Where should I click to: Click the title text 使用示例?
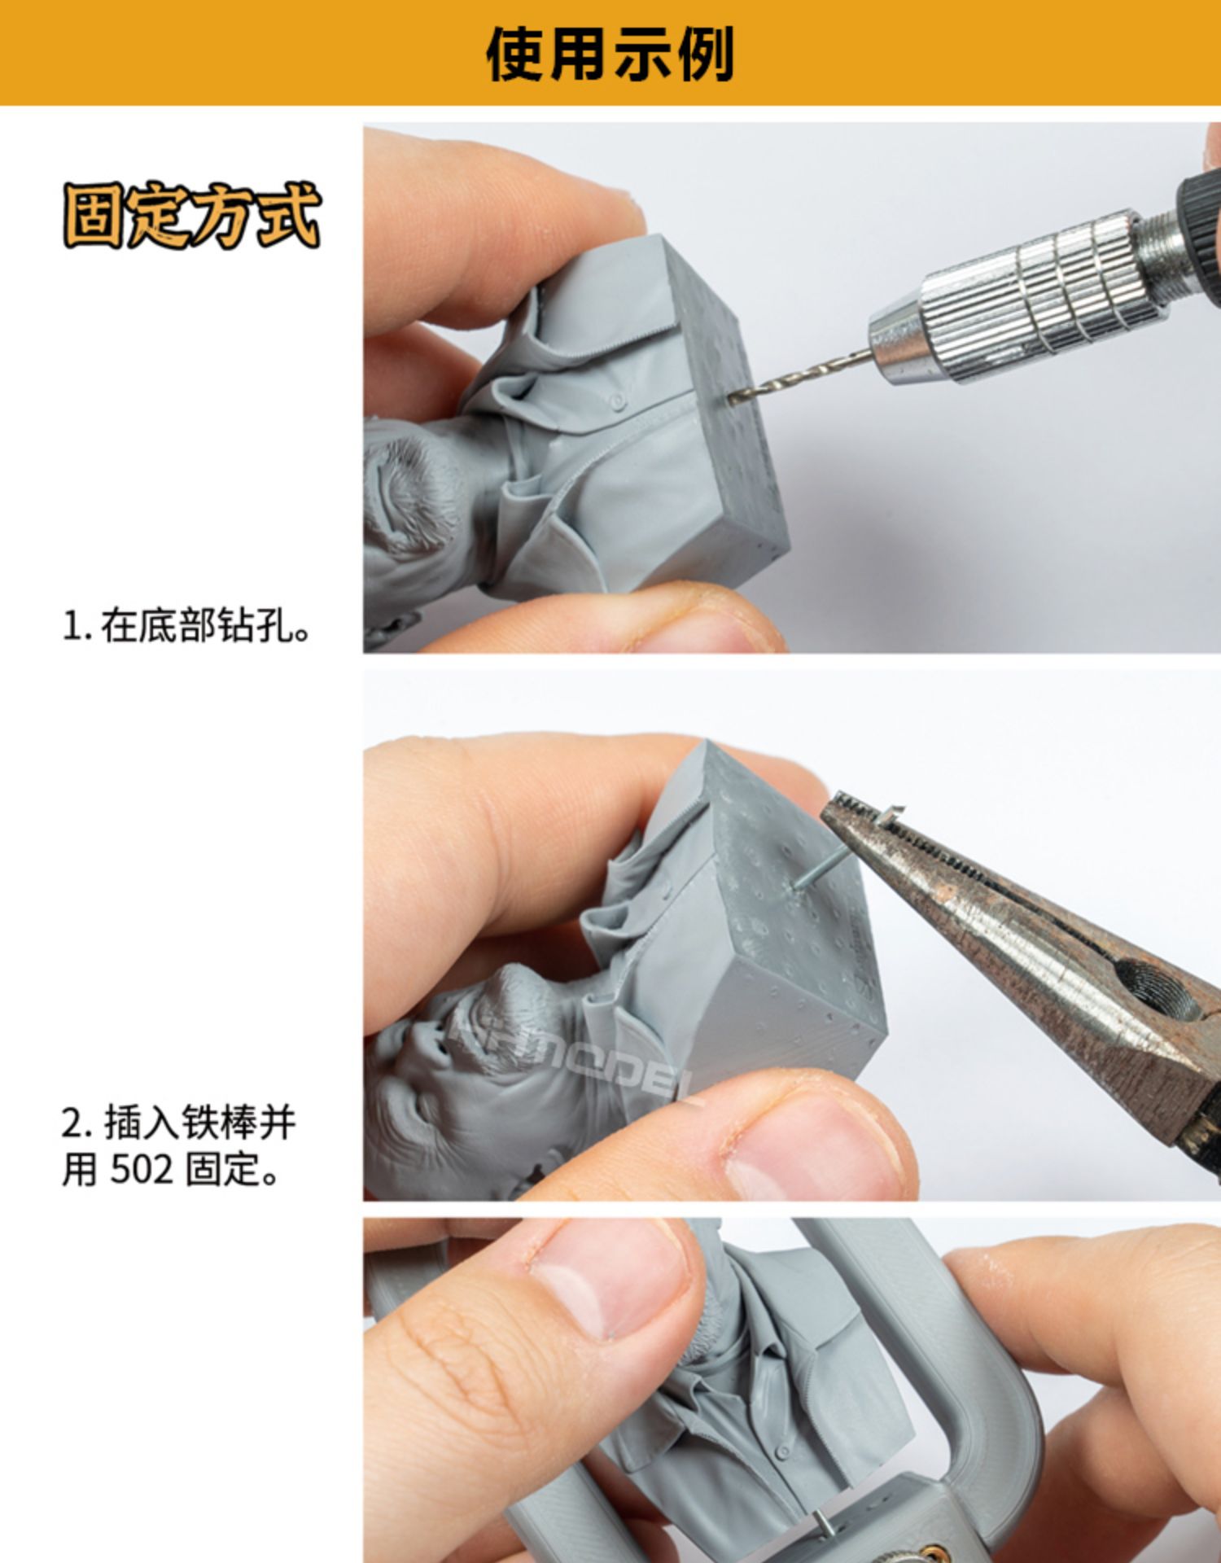pos(610,54)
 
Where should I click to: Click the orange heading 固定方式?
pos(192,216)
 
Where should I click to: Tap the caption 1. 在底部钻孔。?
pos(186,626)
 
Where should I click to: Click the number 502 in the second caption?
pos(142,1170)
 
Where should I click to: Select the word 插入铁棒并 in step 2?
pos(199,1123)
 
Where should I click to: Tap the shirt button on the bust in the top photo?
pos(618,401)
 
